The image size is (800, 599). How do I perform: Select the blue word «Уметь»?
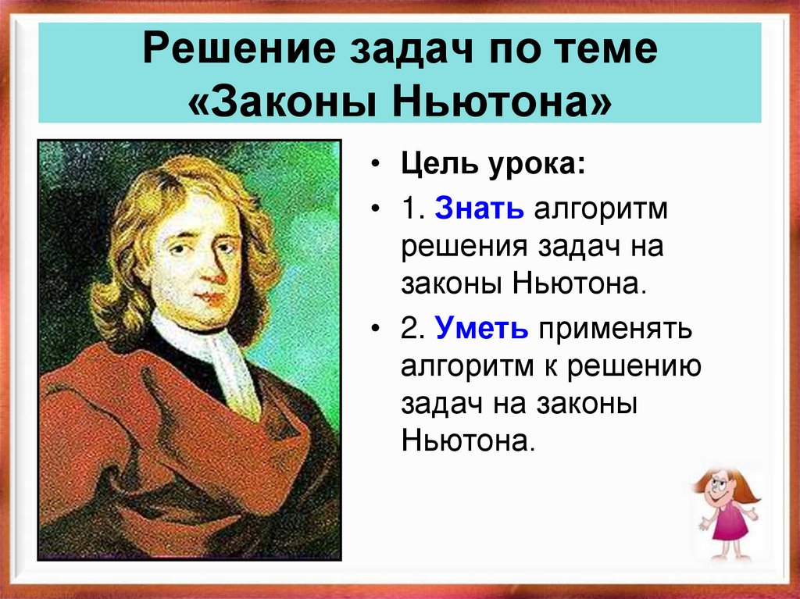point(482,329)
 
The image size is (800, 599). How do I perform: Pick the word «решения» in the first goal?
point(465,248)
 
